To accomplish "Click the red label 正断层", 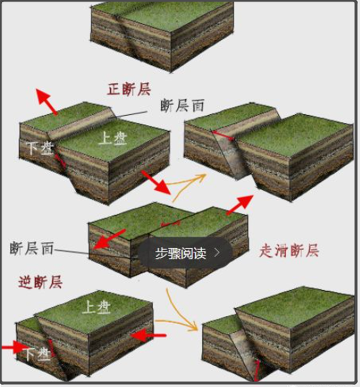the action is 129,89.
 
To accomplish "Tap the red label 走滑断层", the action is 289,251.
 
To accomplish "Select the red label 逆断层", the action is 40,282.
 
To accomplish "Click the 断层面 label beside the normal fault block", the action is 183,106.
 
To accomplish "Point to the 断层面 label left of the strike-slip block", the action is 32,248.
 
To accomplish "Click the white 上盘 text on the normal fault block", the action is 113,138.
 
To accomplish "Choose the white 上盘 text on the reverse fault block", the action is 96,307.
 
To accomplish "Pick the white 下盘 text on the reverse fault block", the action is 37,355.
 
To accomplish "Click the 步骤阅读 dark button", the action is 185,253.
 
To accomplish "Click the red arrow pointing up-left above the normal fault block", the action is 46,101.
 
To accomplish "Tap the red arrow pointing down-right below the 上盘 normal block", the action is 156,182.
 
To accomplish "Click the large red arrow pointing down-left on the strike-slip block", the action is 109,239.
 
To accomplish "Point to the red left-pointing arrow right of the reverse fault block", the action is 148,336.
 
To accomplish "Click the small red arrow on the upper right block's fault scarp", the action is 223,136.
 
